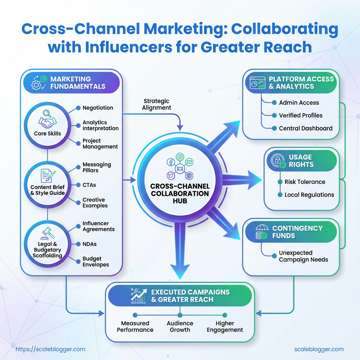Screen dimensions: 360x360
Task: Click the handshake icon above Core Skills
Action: pos(47,120)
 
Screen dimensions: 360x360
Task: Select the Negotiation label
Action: pos(98,108)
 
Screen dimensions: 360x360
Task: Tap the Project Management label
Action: pos(100,143)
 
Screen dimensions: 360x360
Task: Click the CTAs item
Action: pos(89,185)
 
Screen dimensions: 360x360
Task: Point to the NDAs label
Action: pos(90,244)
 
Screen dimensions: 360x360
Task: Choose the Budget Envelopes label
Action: pos(96,262)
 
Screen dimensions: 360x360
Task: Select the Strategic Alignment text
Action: pos(157,104)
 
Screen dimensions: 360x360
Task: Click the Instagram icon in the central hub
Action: pos(180,157)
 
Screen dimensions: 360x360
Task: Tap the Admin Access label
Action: pos(299,103)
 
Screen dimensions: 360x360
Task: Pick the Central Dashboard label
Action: pos(306,128)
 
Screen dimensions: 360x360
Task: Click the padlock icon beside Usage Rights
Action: pos(278,161)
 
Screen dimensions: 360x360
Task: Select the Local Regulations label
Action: pos(309,195)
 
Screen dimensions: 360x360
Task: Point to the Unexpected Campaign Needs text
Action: pos(303,256)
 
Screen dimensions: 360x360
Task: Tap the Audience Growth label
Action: pos(180,326)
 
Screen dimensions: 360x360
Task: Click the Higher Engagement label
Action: pos(225,326)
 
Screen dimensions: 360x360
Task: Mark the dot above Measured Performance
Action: pos(135,315)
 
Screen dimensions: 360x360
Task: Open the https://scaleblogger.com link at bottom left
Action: pos(51,349)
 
